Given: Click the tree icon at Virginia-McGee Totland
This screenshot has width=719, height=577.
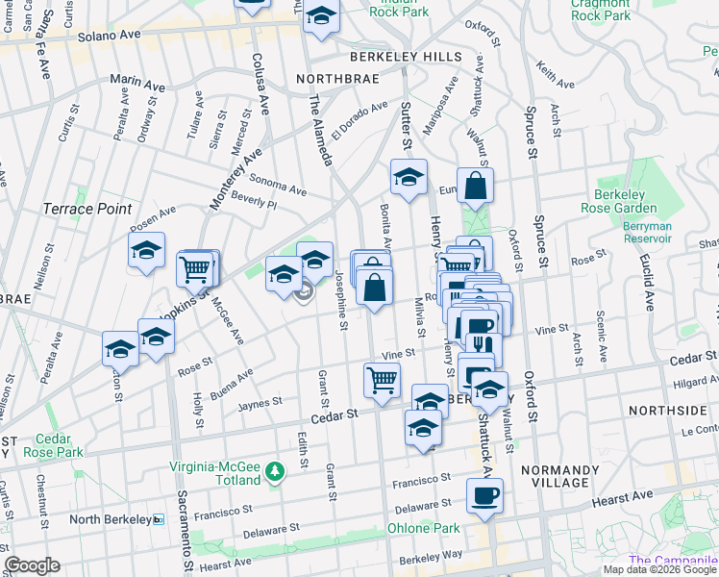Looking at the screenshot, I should coord(275,471).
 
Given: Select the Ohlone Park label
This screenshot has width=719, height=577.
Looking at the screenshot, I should coord(424,528).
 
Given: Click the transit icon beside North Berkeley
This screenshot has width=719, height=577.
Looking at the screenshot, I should coord(159,519).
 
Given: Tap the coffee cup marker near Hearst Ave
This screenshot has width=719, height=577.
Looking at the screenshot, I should coord(484,496).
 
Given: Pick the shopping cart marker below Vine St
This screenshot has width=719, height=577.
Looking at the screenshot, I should coord(382,381).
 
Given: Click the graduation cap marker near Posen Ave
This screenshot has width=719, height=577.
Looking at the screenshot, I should coord(146,251).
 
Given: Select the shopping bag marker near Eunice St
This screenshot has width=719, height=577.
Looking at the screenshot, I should coord(475,186).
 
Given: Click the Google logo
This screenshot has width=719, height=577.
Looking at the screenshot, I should coord(32,565).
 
